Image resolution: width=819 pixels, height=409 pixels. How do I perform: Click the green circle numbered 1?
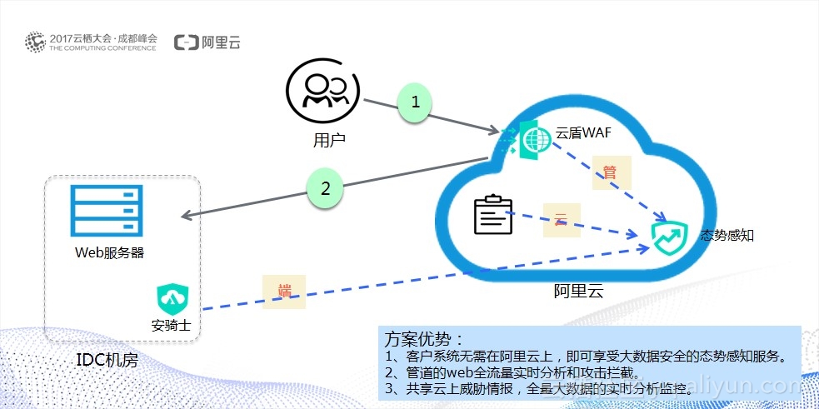click(x=417, y=102)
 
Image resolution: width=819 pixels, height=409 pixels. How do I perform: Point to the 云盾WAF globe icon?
click(x=532, y=139)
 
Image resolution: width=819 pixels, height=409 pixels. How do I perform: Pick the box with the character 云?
click(x=561, y=220)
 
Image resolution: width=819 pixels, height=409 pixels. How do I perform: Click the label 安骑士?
click(x=171, y=326)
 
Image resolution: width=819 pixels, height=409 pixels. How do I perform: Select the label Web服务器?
click(x=109, y=252)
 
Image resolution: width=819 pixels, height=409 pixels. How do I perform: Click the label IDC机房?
click(x=107, y=361)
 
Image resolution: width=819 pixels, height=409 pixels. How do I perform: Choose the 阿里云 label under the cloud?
click(x=578, y=291)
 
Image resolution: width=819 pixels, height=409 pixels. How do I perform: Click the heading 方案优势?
click(x=423, y=339)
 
